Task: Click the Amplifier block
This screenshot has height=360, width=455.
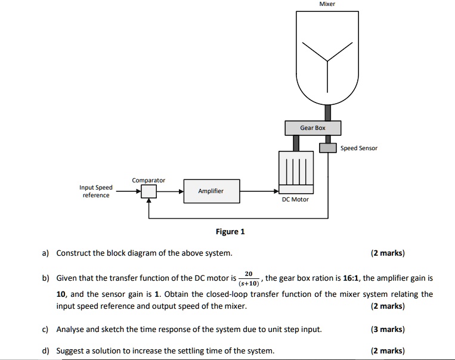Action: [211, 191]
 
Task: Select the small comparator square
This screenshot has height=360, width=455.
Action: [148, 191]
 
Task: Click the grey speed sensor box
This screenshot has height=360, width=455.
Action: [328, 148]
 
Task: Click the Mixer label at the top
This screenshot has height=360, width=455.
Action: [327, 4]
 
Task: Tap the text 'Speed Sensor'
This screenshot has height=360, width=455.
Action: [359, 148]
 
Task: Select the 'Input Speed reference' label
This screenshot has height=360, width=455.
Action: [95, 191]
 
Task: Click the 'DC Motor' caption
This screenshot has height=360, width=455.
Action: [295, 200]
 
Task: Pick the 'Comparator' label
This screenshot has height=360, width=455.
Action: [148, 180]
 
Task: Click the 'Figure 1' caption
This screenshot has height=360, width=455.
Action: [230, 232]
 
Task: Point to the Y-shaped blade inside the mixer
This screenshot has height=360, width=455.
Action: [327, 59]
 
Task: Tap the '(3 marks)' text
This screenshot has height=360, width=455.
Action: [387, 329]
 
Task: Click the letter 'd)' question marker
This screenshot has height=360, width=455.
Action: [45, 350]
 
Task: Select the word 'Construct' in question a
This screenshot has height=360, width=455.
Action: [72, 253]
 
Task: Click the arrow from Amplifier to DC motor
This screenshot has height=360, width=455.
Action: [259, 191]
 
